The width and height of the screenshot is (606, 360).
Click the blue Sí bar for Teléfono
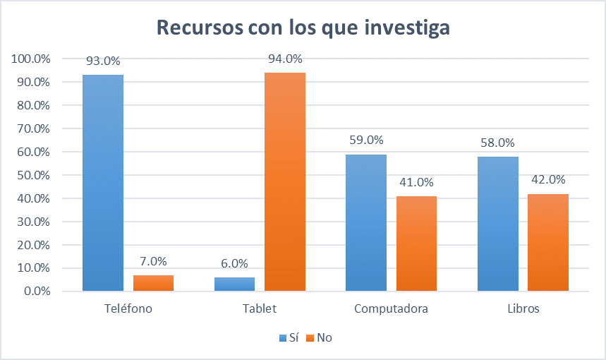103,183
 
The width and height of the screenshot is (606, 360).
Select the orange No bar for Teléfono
153,283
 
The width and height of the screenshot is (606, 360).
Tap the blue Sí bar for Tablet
234,284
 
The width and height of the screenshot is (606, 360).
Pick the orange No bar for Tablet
285,181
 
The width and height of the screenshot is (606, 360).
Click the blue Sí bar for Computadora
365,222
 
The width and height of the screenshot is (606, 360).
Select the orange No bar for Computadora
416,244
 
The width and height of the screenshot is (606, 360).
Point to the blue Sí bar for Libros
497,224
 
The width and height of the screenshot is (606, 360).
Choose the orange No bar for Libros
548,242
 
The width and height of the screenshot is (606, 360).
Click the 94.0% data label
285,59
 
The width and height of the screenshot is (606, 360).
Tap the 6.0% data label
234,263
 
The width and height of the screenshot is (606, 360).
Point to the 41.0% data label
416,182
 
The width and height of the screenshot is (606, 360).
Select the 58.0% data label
497,143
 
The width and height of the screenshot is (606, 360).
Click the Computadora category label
391,309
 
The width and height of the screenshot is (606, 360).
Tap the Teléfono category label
128,309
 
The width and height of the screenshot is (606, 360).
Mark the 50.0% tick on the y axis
31,175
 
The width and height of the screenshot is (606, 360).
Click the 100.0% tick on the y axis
29,59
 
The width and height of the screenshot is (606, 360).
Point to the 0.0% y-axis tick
34,292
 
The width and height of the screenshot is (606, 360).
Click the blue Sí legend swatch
281,338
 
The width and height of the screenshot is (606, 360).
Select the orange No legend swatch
310,338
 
